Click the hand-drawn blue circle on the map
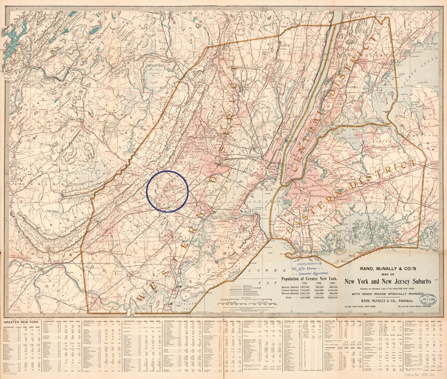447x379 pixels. pyautogui.click(x=167, y=191)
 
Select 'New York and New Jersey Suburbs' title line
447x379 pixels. pyautogui.click(x=388, y=281)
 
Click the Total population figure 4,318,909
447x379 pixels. pyautogui.click(x=298, y=298)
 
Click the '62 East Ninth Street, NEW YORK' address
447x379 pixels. pyautogui.click(x=362, y=306)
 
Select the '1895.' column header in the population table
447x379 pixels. pyautogui.click(x=297, y=283)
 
